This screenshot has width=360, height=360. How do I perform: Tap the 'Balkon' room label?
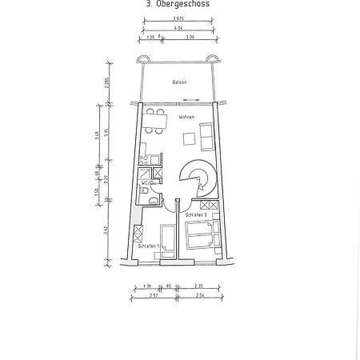pyautogui.click(x=178, y=82)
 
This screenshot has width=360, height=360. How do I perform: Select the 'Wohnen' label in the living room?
pyautogui.click(x=186, y=118)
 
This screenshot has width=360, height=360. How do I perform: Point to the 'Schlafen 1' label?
pyautogui.click(x=149, y=246)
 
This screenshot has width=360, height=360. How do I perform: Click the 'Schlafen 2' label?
pyautogui.click(x=196, y=215)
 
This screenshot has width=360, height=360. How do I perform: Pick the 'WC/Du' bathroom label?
pyautogui.click(x=147, y=183)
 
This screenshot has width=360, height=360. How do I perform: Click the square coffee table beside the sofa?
pyautogui.click(x=190, y=138)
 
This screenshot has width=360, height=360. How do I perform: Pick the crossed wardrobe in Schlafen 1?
pyautogui.click(x=138, y=235)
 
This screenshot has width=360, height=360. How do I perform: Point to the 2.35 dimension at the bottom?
pyautogui.click(x=198, y=286)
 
